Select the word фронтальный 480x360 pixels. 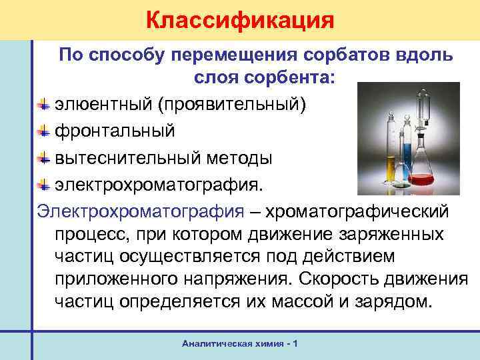point(115,131)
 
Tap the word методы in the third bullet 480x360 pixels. point(239,159)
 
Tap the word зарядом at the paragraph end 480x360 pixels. point(401,300)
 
